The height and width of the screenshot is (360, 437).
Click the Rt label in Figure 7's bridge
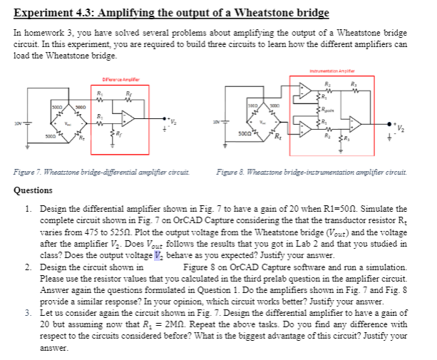[x=63, y=138]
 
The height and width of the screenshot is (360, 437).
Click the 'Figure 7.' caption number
[x=29, y=174]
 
